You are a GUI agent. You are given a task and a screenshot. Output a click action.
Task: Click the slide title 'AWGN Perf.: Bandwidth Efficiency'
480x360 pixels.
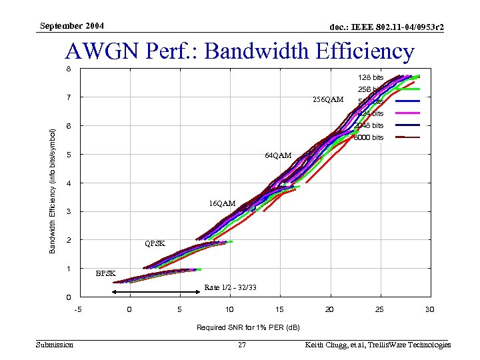coord(239,51)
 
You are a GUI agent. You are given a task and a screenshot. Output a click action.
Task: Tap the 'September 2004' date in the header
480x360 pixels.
coord(72,26)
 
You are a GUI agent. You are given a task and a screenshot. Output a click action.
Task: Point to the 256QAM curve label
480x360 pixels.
coord(327,100)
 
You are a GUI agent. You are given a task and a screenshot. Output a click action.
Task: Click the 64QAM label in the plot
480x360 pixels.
coord(278,155)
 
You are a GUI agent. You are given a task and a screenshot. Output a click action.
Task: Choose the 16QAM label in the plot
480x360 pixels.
coord(222,203)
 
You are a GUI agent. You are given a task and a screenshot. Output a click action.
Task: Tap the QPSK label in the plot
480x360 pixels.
coord(155,243)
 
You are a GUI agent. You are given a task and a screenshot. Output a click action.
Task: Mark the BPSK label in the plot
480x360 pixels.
coord(105,273)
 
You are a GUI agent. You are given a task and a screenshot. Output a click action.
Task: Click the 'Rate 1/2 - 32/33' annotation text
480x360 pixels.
coord(230,288)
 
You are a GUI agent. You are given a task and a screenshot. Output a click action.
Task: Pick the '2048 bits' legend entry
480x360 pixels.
coord(369,125)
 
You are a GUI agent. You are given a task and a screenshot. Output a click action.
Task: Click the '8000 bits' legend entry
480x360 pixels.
coord(369,137)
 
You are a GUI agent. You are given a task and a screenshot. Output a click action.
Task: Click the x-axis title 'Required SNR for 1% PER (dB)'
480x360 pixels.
coord(247,327)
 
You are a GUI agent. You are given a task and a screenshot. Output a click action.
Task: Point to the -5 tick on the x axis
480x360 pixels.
coord(78,309)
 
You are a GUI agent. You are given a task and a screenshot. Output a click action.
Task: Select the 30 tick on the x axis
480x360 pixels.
coord(429,309)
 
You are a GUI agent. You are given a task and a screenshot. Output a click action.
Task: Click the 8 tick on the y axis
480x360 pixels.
coord(67,69)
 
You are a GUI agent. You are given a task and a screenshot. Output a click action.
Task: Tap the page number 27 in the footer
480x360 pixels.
coord(242,345)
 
